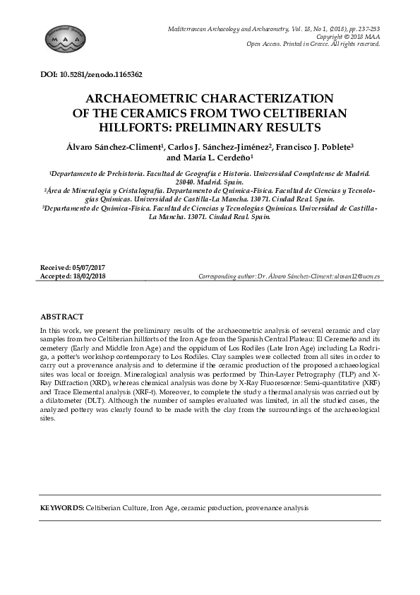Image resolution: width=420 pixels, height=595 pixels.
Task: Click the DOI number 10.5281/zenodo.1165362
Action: point(106,73)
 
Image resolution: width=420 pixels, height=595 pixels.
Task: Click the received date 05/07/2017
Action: point(96,269)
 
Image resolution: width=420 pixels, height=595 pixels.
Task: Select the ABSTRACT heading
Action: point(62,317)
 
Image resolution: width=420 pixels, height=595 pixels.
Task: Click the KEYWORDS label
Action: point(61,508)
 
